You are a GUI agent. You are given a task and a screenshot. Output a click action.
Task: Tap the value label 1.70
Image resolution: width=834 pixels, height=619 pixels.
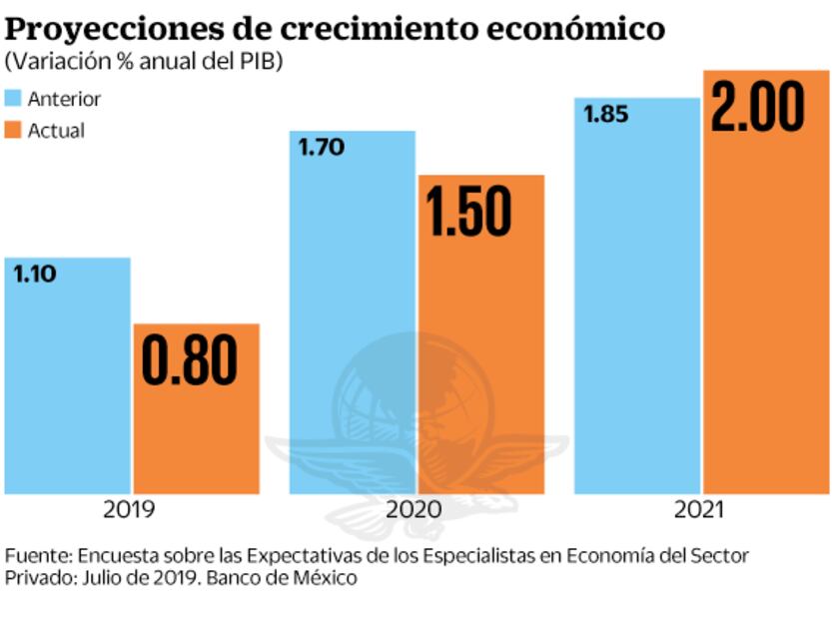coord(321,148)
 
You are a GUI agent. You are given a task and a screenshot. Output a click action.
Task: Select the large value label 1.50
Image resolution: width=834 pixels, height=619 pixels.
coord(468,211)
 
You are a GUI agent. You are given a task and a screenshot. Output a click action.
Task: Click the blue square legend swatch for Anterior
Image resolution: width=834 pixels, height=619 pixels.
coord(13,98)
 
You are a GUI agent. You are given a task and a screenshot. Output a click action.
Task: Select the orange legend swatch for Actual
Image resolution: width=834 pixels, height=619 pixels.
coord(13,130)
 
